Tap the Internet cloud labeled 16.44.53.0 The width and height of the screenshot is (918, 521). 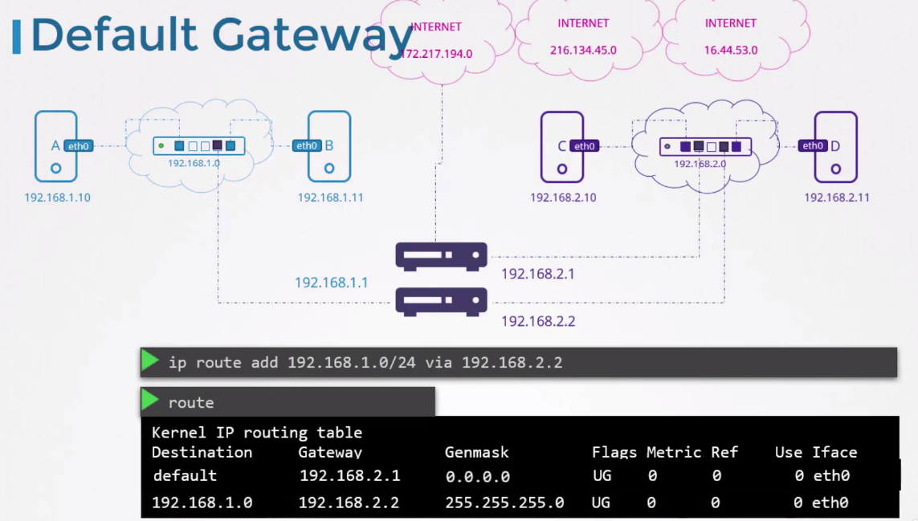pyautogui.click(x=731, y=38)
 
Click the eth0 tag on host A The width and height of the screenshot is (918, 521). pyautogui.click(x=78, y=146)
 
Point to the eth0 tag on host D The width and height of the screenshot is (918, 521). pyautogui.click(x=813, y=145)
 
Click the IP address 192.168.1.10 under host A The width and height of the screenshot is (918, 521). pyautogui.click(x=57, y=197)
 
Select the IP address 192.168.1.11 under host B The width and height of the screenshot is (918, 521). pyautogui.click(x=331, y=197)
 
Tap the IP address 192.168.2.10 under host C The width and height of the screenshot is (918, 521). pyautogui.click(x=563, y=197)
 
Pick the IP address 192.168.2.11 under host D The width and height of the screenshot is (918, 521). pyautogui.click(x=837, y=197)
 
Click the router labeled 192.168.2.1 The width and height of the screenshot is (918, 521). pyautogui.click(x=441, y=255)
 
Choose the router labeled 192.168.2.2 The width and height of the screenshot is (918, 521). pyautogui.click(x=441, y=301)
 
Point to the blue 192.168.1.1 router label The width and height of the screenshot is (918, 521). pyautogui.click(x=331, y=283)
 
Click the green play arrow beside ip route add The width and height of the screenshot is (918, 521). pyautogui.click(x=150, y=361)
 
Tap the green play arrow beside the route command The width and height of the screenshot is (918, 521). pyautogui.click(x=150, y=401)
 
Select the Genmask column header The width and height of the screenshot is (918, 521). pyautogui.click(x=477, y=453)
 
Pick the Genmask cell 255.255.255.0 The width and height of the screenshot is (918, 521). pyautogui.click(x=504, y=503)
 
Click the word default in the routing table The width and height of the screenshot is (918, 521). pyautogui.click(x=185, y=475)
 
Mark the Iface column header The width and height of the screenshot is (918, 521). pyautogui.click(x=834, y=453)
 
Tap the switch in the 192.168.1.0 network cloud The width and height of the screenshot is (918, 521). pyautogui.click(x=199, y=146)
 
